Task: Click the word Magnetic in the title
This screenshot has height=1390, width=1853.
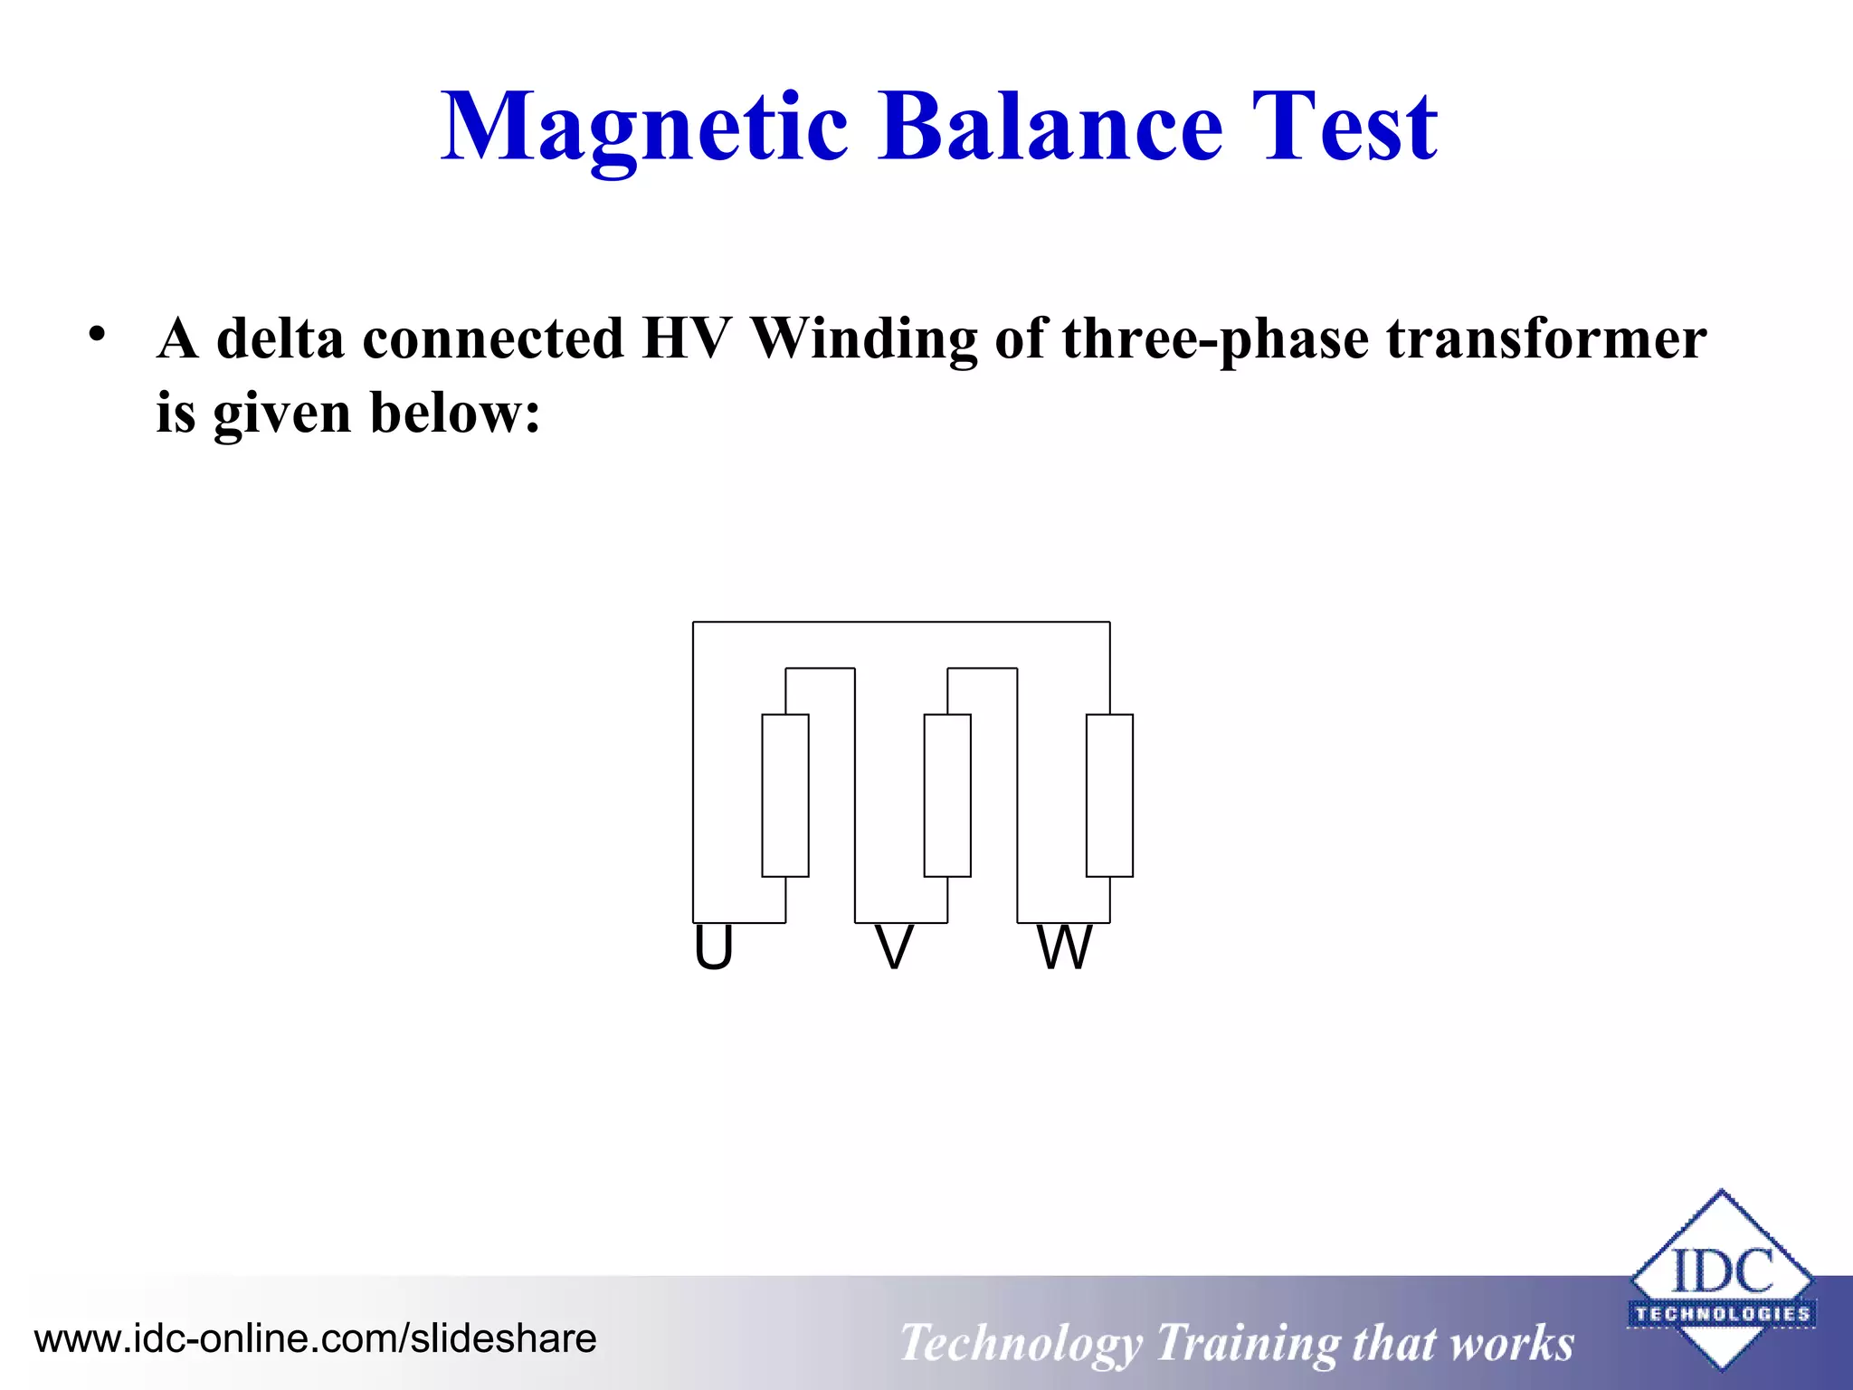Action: pos(644,129)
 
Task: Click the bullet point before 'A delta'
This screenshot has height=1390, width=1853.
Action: pos(97,334)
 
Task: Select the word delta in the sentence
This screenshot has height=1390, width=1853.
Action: pos(280,339)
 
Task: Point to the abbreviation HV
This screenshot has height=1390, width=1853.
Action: pos(685,339)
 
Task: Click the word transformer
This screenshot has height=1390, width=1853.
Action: pos(1546,339)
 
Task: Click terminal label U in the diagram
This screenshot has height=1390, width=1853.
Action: pos(713,948)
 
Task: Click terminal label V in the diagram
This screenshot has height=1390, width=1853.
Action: pos(894,948)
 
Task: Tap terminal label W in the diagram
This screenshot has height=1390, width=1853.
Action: pos(1064,948)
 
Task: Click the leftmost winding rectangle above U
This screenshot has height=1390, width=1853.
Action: pos(784,795)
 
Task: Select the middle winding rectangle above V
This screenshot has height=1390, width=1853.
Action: pos(947,795)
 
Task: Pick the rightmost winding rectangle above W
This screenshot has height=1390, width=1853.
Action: pos(1109,795)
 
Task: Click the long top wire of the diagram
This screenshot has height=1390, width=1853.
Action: pos(900,622)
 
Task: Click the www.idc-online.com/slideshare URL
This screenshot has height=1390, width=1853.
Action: pos(315,1338)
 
